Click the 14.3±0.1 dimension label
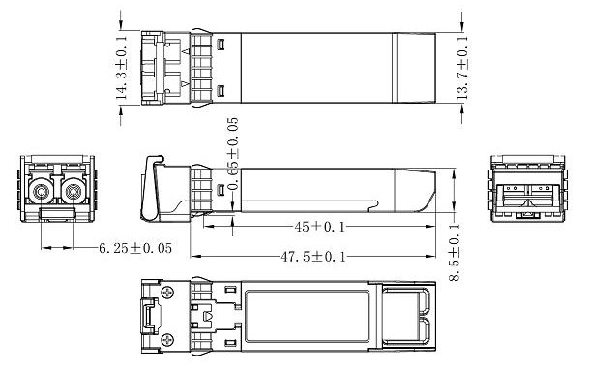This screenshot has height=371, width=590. click(121, 67)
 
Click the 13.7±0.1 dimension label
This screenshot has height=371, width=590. click(463, 67)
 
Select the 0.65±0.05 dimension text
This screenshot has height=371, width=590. click(233, 154)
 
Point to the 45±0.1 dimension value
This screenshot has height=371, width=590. click(319, 227)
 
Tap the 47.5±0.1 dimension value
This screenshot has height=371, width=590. click(313, 257)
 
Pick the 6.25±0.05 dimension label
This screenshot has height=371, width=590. click(135, 248)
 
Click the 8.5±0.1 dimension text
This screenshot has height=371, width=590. click(455, 252)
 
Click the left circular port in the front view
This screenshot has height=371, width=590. click(40, 193)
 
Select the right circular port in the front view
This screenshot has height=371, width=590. click(71, 193)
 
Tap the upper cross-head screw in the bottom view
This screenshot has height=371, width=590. click(167, 293)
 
